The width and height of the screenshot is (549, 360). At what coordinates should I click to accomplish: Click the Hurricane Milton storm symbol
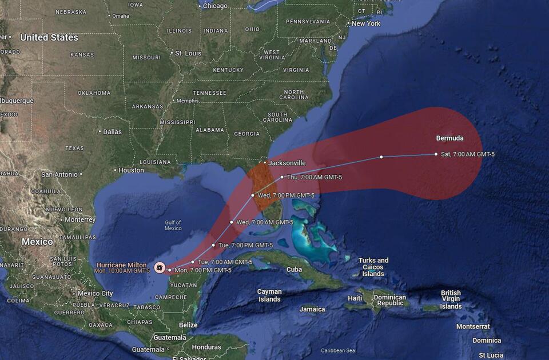160,267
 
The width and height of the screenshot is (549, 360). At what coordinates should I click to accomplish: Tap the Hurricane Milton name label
122,265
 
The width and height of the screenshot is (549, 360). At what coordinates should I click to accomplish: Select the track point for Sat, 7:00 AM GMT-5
436,154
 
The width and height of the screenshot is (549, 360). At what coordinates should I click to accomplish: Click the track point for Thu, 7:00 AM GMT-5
282,177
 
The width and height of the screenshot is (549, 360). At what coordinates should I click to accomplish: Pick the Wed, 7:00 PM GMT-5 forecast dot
253,195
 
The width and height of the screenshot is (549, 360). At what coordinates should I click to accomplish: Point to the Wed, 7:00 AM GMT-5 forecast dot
232,222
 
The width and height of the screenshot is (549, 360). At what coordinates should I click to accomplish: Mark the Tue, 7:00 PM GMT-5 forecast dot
214,245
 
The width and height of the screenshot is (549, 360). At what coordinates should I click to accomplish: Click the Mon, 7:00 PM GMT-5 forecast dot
170,270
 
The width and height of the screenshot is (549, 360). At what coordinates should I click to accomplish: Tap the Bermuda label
449,138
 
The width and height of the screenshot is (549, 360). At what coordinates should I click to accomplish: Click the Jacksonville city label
287,163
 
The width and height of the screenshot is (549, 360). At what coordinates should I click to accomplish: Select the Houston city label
132,170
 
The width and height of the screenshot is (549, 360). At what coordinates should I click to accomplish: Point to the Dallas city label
112,132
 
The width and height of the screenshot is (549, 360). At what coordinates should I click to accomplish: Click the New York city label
366,23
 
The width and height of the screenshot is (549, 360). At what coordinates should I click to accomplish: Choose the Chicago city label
215,6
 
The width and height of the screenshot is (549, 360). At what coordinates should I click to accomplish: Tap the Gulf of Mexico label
173,225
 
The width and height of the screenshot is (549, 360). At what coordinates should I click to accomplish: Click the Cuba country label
294,269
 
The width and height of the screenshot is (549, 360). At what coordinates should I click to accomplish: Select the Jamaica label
312,309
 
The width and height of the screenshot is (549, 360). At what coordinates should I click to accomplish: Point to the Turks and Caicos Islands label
373,267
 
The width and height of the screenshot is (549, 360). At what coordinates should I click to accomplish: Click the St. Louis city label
188,53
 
